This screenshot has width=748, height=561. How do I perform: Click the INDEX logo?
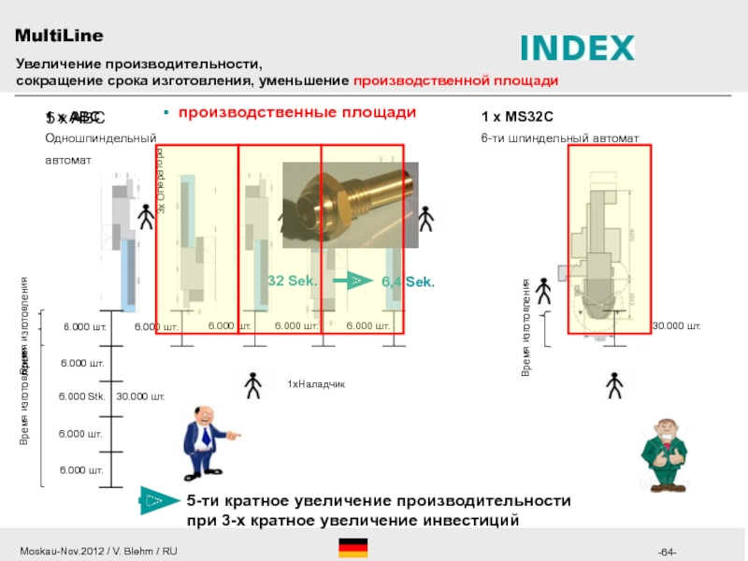click(577, 48)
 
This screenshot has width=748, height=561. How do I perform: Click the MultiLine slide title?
click(59, 36)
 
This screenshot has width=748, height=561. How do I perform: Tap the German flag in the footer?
click(353, 548)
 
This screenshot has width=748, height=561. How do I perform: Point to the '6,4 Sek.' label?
click(409, 281)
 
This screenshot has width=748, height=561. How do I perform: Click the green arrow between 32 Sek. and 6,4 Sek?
click(352, 280)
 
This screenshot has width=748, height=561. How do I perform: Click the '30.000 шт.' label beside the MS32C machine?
click(676, 326)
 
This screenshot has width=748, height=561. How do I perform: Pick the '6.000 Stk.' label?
click(83, 396)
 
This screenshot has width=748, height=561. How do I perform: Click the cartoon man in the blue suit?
click(206, 439)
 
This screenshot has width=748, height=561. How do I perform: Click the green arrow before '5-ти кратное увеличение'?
click(156, 500)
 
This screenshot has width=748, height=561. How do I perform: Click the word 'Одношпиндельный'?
click(100, 138)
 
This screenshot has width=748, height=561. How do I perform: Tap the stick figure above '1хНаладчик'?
click(252, 384)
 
